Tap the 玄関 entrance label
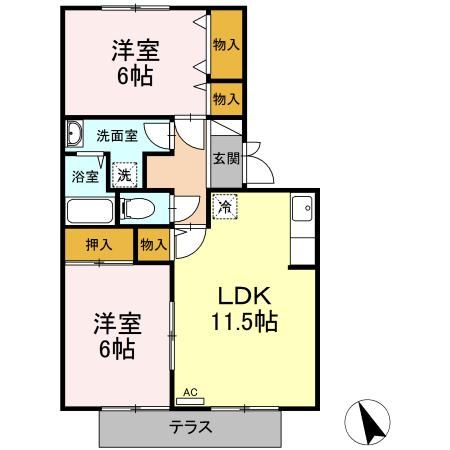(x=224, y=158)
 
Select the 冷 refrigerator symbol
(x=225, y=207)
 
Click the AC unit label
(x=189, y=392)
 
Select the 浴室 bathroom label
(x=84, y=177)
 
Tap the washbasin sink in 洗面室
(x=75, y=134)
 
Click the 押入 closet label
(x=97, y=243)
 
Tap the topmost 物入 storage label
(x=226, y=45)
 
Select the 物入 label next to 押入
(x=153, y=243)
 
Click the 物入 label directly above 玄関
(x=226, y=99)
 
